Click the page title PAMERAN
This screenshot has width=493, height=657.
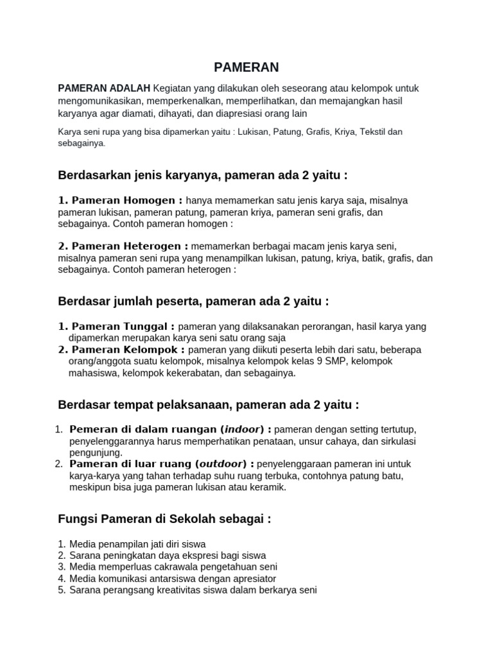click(246, 67)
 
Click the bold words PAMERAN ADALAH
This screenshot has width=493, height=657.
click(104, 88)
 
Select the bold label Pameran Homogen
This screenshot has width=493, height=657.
click(121, 201)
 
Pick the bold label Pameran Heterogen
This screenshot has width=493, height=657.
click(123, 246)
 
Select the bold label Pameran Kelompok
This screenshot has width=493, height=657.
click(121, 350)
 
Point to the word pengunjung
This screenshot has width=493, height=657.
click(95, 452)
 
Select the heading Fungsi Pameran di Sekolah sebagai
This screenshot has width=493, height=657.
click(164, 518)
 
